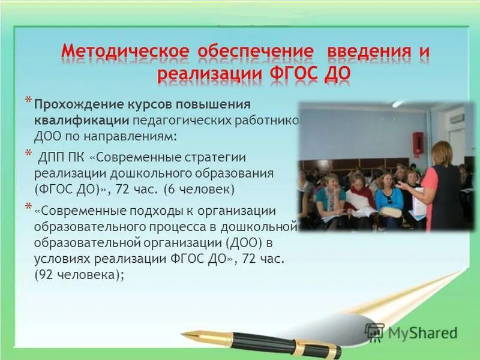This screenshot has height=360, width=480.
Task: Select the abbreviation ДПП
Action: (x=52, y=158)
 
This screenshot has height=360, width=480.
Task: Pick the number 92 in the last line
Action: (x=47, y=275)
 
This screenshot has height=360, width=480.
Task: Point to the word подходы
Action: (x=150, y=212)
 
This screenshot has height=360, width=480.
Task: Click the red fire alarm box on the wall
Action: (x=418, y=142)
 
